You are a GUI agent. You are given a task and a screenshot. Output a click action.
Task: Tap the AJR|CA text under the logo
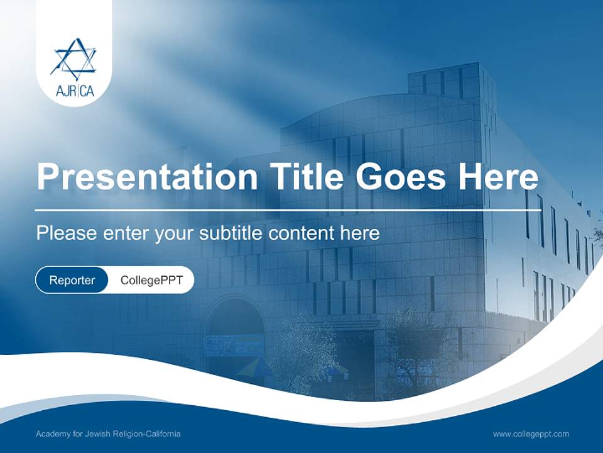tap(74, 92)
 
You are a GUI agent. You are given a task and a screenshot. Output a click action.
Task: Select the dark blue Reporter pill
tap(72, 280)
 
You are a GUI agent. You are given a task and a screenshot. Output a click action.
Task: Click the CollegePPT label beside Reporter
tap(151, 280)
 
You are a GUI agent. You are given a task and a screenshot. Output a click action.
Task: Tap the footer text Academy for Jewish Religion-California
tap(108, 434)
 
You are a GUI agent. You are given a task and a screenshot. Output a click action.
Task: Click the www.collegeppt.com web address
tap(531, 434)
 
